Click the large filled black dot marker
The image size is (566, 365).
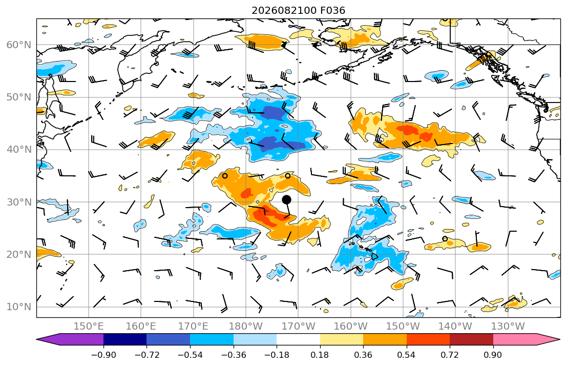click(287, 199)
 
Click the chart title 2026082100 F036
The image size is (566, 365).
click(299, 10)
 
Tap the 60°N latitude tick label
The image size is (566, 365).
click(19, 45)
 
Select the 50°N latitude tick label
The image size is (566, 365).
click(19, 97)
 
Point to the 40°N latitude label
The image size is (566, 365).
click(19, 150)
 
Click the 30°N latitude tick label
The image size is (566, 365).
click(19, 202)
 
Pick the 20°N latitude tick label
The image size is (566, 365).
click(19, 254)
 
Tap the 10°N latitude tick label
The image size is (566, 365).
click(19, 307)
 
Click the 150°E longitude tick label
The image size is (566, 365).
click(89, 327)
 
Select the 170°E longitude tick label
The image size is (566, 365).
click(194, 327)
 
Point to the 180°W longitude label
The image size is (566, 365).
click(246, 327)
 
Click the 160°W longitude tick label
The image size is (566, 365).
click(351, 327)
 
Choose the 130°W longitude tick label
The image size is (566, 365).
click(508, 327)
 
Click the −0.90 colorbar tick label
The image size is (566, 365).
click(103, 355)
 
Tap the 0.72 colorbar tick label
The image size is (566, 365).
click(450, 355)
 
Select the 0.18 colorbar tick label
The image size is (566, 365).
click(320, 355)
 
